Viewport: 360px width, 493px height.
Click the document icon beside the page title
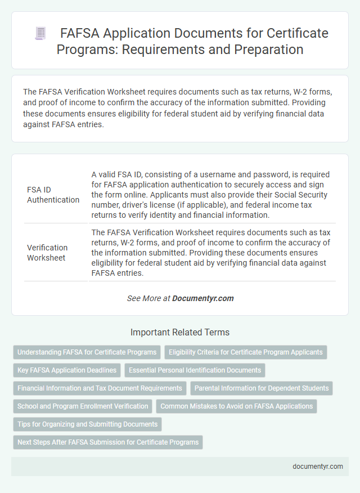40,33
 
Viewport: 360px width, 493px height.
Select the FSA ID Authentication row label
53,195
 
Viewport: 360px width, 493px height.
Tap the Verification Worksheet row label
47,252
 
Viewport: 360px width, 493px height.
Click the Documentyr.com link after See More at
203,298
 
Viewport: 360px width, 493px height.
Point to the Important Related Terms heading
180,332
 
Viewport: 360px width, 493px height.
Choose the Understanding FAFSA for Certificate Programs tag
87,352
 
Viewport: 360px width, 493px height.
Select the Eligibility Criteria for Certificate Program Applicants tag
246,352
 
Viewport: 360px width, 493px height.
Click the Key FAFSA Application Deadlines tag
67,370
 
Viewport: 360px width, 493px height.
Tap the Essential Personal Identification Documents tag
195,370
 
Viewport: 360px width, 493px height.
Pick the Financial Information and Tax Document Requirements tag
100,388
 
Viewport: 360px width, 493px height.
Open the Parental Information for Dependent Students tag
262,388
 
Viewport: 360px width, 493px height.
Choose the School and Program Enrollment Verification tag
83,406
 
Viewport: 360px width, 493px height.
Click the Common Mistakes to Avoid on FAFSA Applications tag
236,406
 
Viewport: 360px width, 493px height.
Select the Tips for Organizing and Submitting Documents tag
87,424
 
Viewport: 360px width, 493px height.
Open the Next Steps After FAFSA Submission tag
107,442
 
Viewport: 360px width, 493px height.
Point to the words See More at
148,298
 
